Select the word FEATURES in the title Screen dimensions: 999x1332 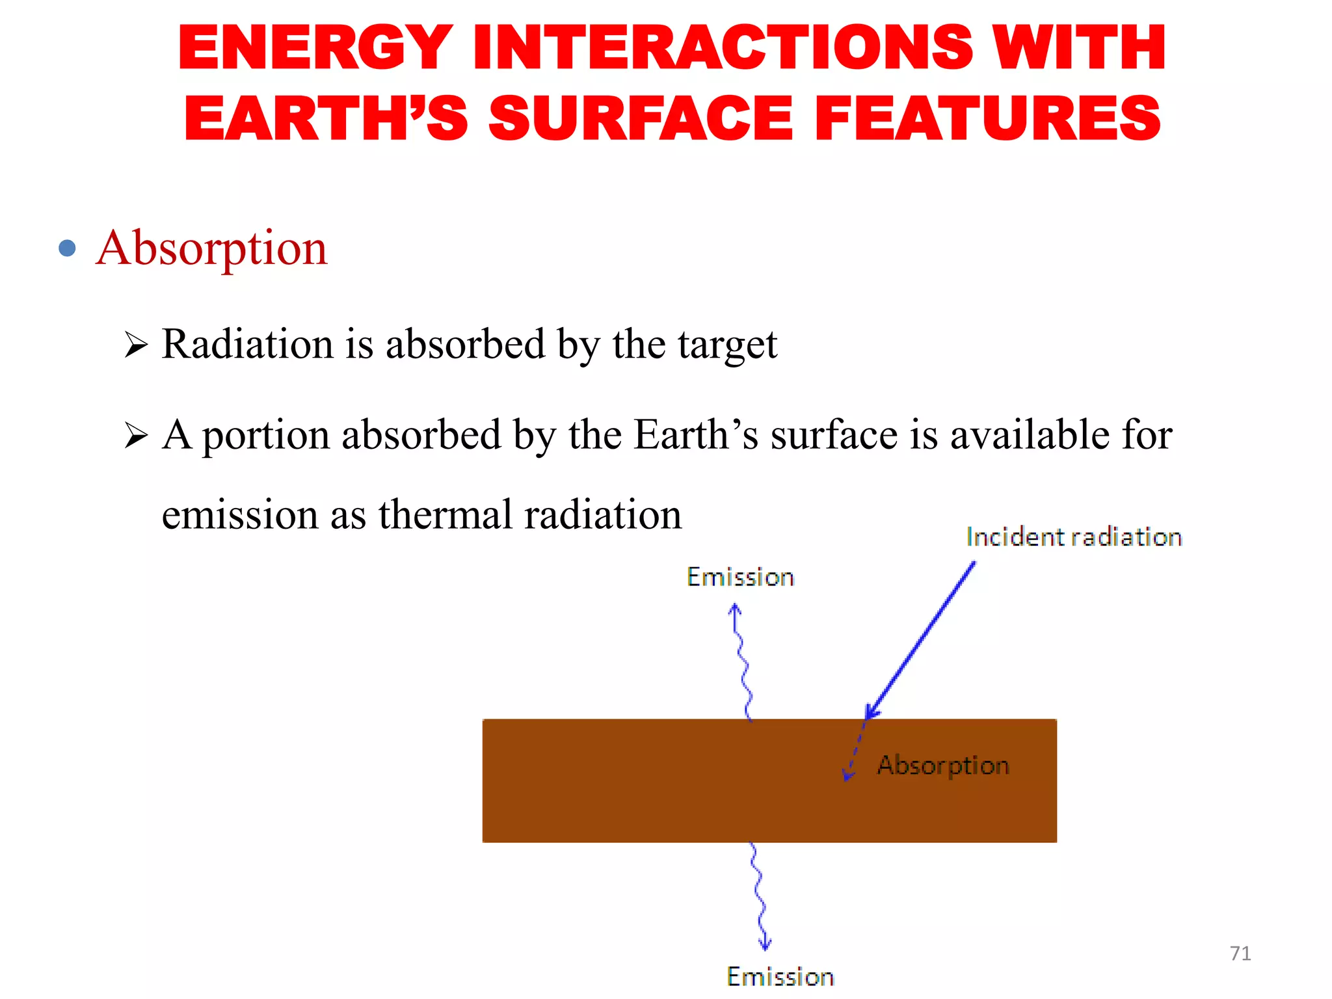987,118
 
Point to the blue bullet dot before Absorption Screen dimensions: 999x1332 67,248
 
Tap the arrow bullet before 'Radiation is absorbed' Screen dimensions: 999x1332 136,345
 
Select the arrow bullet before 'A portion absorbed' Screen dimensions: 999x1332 136,435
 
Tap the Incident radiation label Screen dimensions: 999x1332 1073,537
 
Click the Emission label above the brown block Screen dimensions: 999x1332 740,578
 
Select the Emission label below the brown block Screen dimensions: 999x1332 780,977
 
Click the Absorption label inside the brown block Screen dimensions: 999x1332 943,766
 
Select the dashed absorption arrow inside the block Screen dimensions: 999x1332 855,752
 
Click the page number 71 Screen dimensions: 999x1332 1240,953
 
